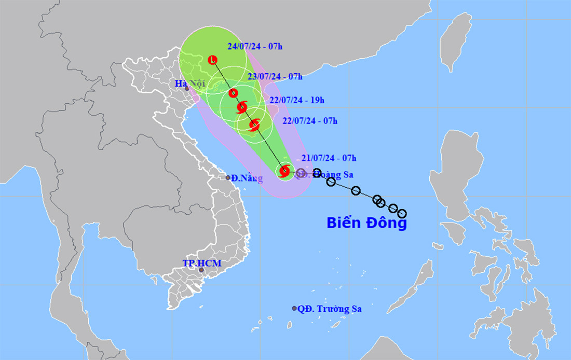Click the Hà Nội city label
coord(190,83)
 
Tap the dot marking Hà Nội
coord(187,89)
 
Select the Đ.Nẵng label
coord(247,178)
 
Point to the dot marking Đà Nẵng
coord(228,177)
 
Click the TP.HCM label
coord(202,264)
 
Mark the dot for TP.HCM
coord(201,270)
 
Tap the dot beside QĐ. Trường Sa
coord(294,308)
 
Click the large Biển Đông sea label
coord(366,223)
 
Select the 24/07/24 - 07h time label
coord(255,46)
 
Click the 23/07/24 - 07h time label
coord(275,76)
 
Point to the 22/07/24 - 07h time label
coord(310,121)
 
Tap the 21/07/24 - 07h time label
coord(329,158)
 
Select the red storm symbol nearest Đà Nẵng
coord(284,171)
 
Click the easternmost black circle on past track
coord(402,213)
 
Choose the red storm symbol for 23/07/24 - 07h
coord(234,93)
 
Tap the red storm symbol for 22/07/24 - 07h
coord(254,124)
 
